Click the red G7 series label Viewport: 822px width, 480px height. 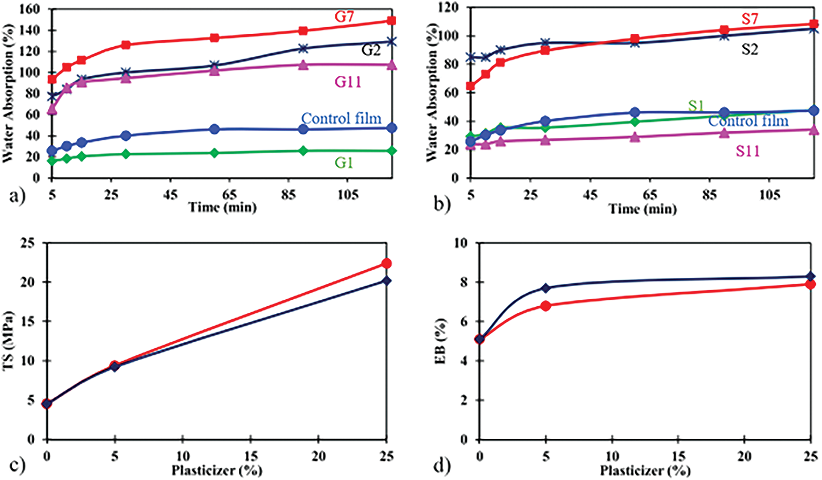(x=344, y=17)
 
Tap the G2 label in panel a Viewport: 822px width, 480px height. (x=371, y=50)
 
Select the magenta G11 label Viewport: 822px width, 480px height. (x=348, y=82)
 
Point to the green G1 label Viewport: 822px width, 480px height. (x=344, y=162)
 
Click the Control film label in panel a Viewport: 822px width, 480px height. (x=341, y=118)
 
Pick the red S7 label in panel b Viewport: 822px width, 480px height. (x=749, y=19)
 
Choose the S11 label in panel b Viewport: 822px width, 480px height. (x=748, y=151)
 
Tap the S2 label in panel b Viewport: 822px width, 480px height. (x=749, y=49)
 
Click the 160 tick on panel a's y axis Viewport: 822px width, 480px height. (x=30, y=9)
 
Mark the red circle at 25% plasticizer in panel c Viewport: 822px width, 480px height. (x=386, y=264)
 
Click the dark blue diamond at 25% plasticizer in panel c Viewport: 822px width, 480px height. (x=386, y=281)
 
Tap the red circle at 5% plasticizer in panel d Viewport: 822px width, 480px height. (x=546, y=306)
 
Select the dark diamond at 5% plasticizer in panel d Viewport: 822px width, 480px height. (x=546, y=288)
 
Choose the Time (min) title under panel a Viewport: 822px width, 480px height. (x=222, y=207)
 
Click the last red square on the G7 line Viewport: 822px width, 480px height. (x=392, y=21)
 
